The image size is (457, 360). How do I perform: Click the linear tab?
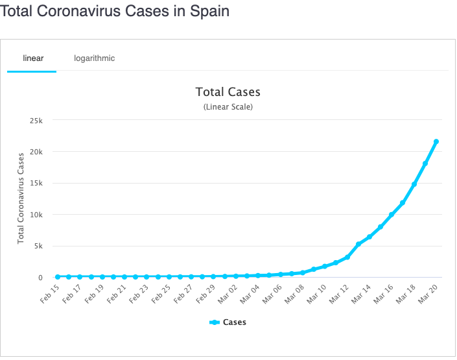[x=33, y=58]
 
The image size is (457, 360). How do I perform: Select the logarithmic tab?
[x=94, y=58]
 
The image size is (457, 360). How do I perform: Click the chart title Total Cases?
[x=228, y=92]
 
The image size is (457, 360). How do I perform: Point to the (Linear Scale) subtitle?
[x=228, y=106]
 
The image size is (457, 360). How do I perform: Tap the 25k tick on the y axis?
[x=36, y=120]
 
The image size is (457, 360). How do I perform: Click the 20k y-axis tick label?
[x=36, y=152]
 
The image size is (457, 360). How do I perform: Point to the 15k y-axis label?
[x=36, y=183]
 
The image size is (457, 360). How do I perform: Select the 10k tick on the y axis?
[x=36, y=215]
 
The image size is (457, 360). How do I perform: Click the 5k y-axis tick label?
[x=38, y=246]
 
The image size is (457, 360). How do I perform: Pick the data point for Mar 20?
[x=436, y=141]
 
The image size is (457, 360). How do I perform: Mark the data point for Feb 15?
[x=58, y=277]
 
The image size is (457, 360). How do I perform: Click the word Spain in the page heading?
[x=209, y=12]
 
